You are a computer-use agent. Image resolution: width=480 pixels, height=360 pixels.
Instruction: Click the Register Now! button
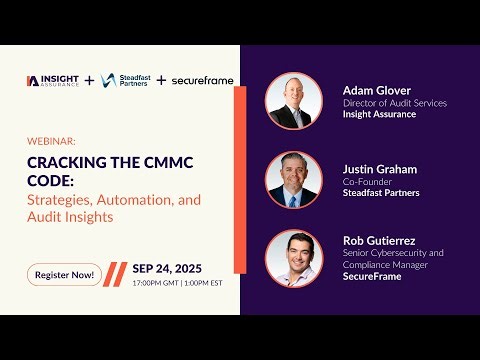tap(64, 274)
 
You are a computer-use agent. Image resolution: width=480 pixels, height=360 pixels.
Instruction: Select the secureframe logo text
tap(203, 80)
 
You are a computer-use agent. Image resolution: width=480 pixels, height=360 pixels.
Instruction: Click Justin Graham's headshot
tap(293, 180)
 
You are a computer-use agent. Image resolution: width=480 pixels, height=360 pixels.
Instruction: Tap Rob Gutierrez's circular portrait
tap(293, 258)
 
